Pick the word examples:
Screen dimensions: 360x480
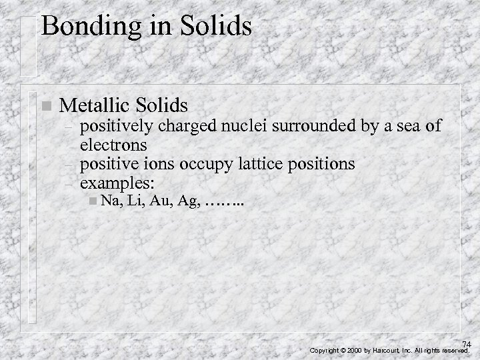pyautogui.click(x=119, y=182)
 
